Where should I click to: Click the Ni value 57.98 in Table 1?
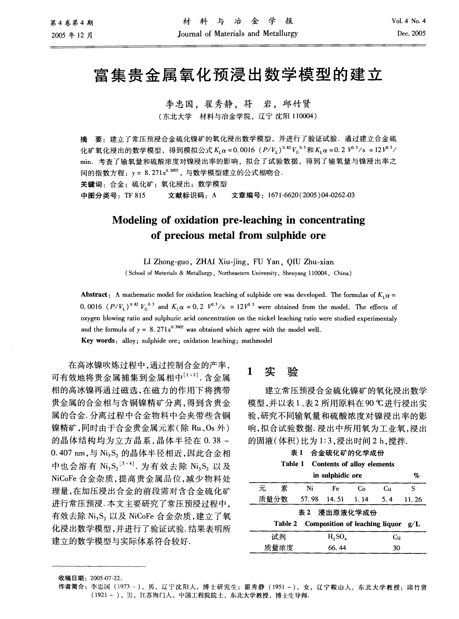309,499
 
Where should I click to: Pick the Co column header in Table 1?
361,488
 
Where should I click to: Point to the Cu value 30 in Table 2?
396,548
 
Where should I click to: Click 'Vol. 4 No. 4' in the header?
409,22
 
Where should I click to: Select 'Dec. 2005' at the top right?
411,33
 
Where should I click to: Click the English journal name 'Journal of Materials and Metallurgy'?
238,33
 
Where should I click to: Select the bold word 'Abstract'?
95,294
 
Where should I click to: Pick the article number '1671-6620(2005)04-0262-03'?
311,195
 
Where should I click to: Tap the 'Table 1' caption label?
292,464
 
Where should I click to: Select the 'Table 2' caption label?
285,523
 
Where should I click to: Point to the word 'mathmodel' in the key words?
257,341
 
